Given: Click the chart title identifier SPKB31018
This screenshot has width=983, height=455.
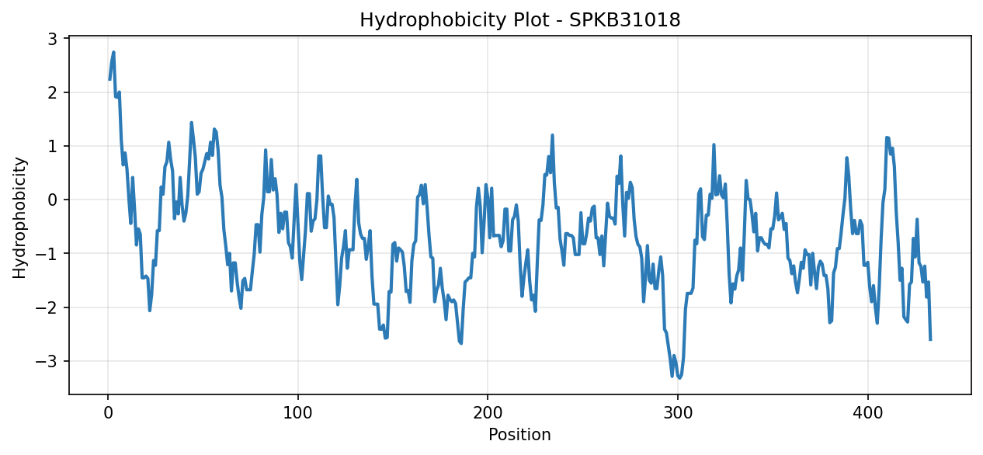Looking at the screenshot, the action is pyautogui.click(x=624, y=20).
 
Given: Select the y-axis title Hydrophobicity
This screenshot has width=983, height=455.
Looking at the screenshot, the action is pyautogui.click(x=19, y=217).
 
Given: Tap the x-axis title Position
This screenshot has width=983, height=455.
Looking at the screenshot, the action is pyautogui.click(x=519, y=435).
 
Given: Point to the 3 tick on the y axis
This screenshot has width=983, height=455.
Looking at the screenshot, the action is pyautogui.click(x=52, y=39).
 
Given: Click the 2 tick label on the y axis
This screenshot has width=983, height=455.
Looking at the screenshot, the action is pyautogui.click(x=52, y=93).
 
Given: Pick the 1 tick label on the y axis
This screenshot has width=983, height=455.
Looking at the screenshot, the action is pyautogui.click(x=52, y=147).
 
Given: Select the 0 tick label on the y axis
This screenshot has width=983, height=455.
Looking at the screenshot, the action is pyautogui.click(x=52, y=200).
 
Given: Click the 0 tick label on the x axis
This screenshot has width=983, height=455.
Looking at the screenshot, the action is pyautogui.click(x=108, y=413).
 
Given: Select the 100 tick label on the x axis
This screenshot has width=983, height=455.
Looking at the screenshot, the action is pyautogui.click(x=298, y=413).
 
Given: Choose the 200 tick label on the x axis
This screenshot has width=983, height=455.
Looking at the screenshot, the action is pyautogui.click(x=488, y=413).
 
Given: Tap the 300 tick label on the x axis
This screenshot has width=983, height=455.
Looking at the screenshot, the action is pyautogui.click(x=678, y=413).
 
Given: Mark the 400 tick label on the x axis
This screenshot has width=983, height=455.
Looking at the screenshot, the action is pyautogui.click(x=867, y=413).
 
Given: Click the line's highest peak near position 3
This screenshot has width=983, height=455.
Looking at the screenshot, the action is pyautogui.click(x=113, y=52).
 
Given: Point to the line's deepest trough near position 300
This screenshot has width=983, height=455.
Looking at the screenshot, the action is pyautogui.click(x=679, y=378).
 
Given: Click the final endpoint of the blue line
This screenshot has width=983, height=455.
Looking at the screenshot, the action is pyautogui.click(x=930, y=339).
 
